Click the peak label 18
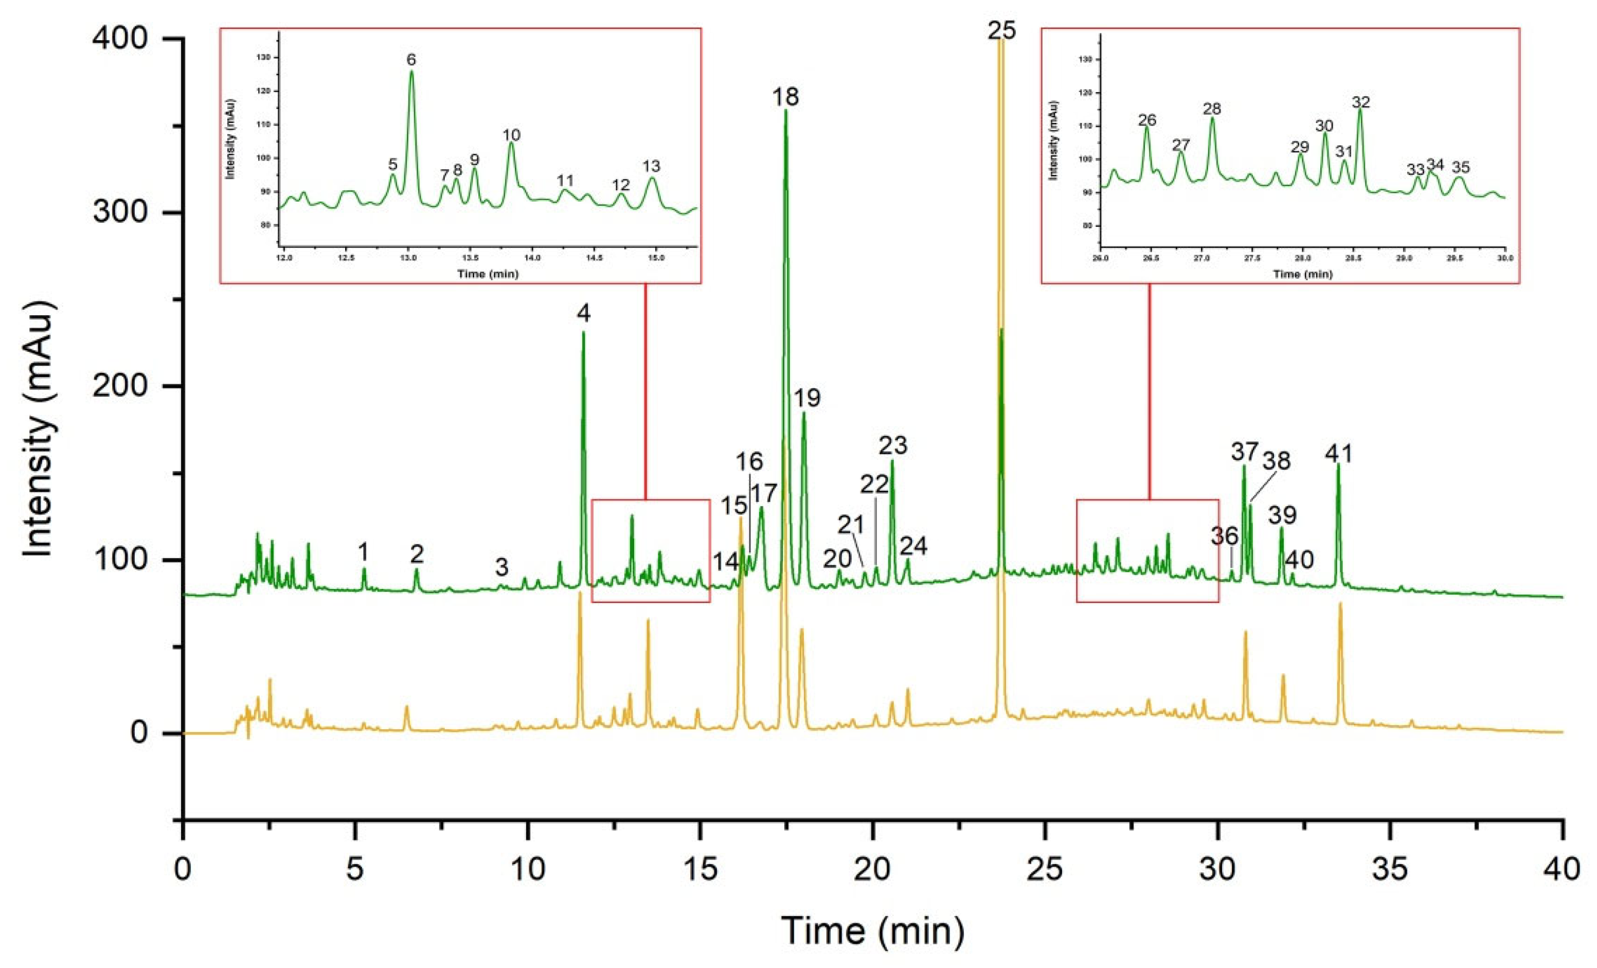tap(785, 97)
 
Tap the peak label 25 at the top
tap(1001, 30)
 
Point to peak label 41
tap(1338, 454)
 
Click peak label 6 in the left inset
tap(411, 60)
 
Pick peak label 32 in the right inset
tap(1360, 102)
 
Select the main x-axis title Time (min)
tap(872, 930)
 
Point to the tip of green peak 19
tap(804, 413)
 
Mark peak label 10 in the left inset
tap(511, 135)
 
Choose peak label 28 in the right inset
tap(1211, 109)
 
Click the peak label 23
tap(892, 446)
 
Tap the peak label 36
tap(1224, 537)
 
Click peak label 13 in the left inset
tap(651, 167)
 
